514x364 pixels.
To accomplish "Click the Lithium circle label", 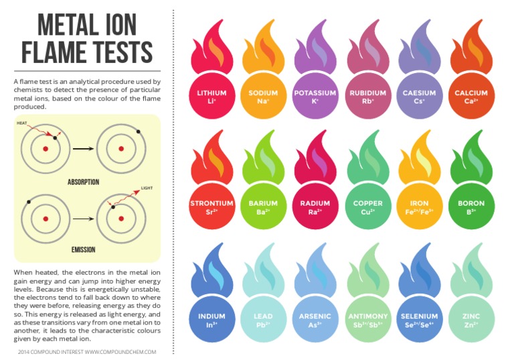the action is coord(211,96).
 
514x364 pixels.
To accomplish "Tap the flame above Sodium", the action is coord(263,49).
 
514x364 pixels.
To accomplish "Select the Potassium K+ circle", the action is coord(315,96).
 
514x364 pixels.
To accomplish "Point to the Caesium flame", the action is coord(419,49).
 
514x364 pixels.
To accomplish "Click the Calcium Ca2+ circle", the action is coord(471,96).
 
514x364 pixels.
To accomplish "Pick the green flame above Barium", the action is coord(263,160).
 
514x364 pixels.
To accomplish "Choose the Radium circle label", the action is coord(315,206).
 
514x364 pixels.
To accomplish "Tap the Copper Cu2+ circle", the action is coord(368,206).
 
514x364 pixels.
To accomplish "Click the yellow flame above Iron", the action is coord(419,160).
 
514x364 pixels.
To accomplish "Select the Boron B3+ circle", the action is coord(471,206).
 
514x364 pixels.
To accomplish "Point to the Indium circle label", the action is coord(211,319).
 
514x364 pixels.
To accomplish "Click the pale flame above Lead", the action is coord(263,272).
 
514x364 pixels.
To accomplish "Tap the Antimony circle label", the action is coord(368,319).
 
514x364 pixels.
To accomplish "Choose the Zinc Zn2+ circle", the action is coord(471,319).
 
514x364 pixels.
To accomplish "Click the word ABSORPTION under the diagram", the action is coord(83,182).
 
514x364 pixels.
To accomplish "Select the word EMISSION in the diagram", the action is coord(83,250).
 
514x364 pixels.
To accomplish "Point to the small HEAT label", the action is coord(21,123).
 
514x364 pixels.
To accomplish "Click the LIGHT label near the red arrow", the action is coord(147,188).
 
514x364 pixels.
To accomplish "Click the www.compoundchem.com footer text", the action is coord(120,352).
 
